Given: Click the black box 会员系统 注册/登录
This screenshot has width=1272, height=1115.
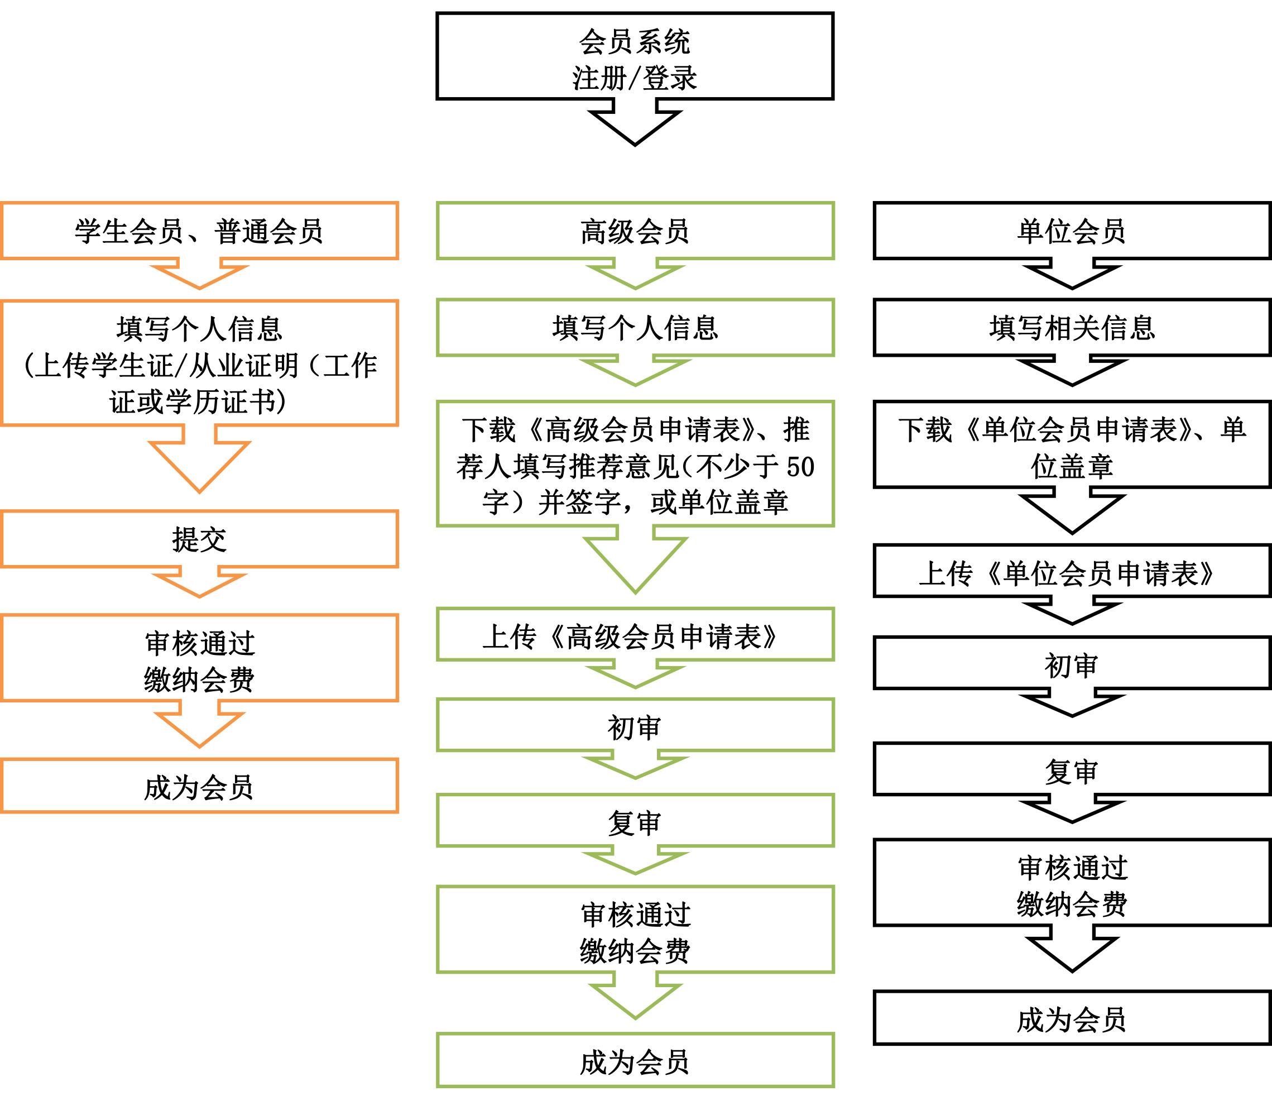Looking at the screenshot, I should point(635,56).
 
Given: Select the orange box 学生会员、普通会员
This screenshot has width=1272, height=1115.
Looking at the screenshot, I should point(200,231).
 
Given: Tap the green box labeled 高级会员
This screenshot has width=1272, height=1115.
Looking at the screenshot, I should point(635,231).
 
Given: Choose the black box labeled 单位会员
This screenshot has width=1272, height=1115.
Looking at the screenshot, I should point(1072,231).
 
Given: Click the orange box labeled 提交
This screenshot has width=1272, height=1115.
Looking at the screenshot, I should point(200,539).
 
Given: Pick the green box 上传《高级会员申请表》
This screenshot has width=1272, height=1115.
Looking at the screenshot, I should point(635,635).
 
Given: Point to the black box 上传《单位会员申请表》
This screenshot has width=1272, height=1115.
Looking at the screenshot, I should point(1072,571).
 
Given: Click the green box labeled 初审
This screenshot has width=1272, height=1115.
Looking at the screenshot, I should point(635,725).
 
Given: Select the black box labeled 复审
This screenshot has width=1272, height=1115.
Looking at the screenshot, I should point(1072,769).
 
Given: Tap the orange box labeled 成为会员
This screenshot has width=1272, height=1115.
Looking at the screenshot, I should point(200,786).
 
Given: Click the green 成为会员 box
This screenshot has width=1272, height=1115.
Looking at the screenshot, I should point(635,1061).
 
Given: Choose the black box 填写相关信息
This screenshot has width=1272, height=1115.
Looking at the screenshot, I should point(1072,328).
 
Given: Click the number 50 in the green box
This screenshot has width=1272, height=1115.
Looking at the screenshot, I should point(800,467).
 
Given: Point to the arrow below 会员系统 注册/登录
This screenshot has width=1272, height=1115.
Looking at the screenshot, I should point(635,125).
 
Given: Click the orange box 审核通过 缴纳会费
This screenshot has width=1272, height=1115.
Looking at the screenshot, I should point(200,658).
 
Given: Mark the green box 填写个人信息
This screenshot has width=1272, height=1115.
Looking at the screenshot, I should point(635,328).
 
